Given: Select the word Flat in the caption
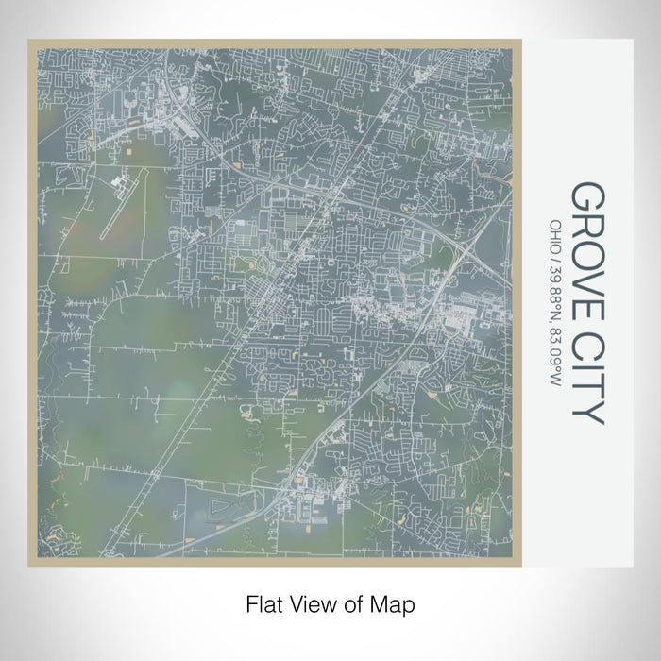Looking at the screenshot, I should click(263, 602).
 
